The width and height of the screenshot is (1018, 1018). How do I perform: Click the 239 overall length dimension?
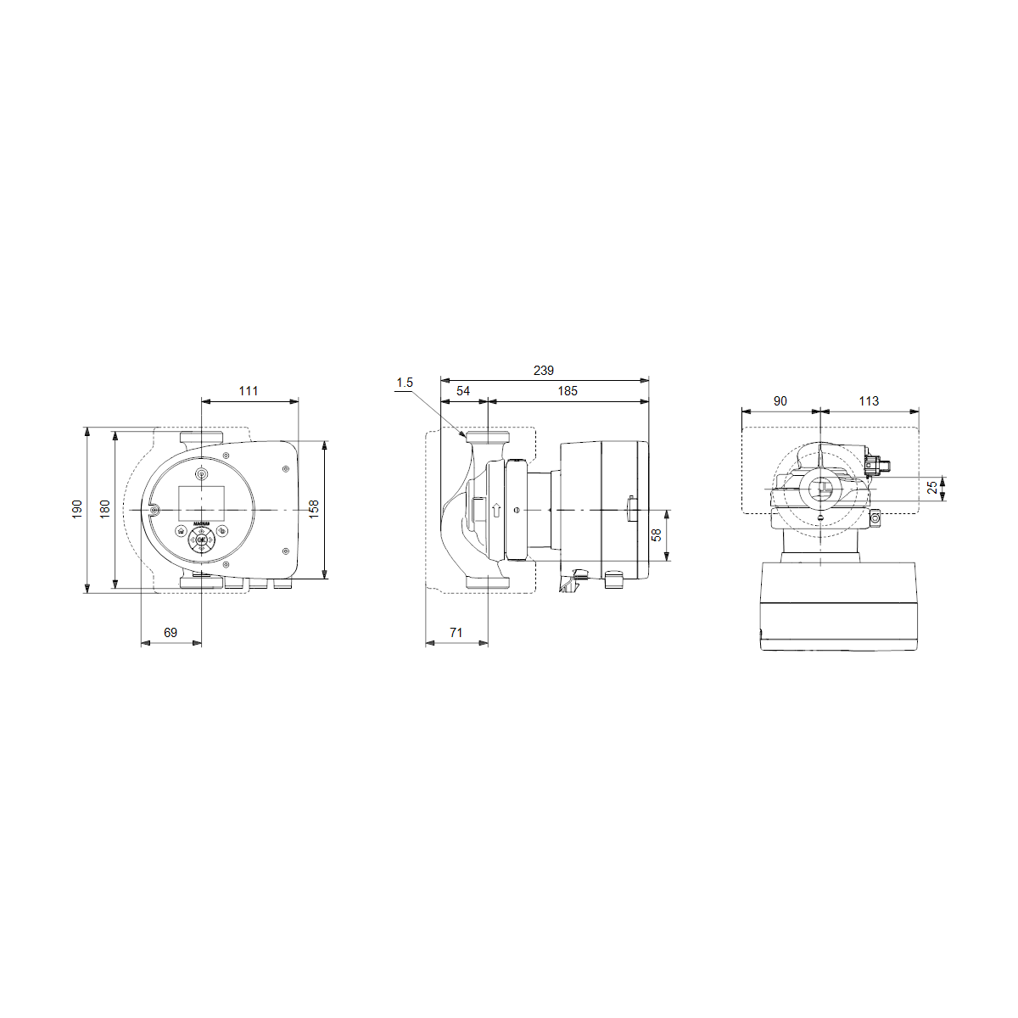543,371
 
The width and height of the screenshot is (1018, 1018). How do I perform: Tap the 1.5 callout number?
405,383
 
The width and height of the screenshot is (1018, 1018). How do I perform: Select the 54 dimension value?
463,391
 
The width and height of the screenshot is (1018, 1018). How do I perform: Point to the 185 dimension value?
568,391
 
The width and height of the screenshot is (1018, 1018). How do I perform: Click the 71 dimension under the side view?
456,632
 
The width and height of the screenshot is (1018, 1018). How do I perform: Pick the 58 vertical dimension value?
656,535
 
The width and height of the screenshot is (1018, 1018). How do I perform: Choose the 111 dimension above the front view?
249,391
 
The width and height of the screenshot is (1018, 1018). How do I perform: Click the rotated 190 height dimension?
77,509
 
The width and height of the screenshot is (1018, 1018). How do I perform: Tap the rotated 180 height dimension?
105,509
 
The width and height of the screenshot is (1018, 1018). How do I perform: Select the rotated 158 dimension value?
314,509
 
